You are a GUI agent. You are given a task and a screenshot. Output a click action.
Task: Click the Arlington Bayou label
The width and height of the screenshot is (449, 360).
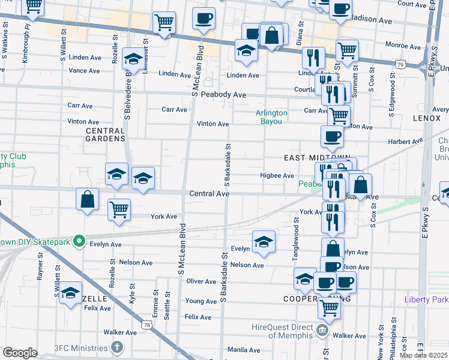271,117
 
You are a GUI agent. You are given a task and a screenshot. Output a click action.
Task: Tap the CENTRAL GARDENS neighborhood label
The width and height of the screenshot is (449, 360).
105,135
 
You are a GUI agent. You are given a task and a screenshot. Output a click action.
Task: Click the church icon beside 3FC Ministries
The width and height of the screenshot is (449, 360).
117,347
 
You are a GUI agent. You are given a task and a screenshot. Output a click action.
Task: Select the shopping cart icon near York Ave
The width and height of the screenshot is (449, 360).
119,209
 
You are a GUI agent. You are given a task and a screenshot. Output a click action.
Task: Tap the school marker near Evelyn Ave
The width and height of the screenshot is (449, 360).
264,242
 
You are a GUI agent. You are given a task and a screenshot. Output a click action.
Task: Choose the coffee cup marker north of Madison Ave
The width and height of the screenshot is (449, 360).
203,17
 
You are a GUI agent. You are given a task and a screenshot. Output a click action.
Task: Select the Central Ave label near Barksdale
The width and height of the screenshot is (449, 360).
209,194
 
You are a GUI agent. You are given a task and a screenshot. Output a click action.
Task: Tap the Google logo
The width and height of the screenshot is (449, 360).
20,353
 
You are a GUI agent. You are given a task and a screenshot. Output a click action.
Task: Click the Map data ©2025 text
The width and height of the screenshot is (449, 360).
423,355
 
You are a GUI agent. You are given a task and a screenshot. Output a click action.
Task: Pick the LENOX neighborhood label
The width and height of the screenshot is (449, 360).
427,119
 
